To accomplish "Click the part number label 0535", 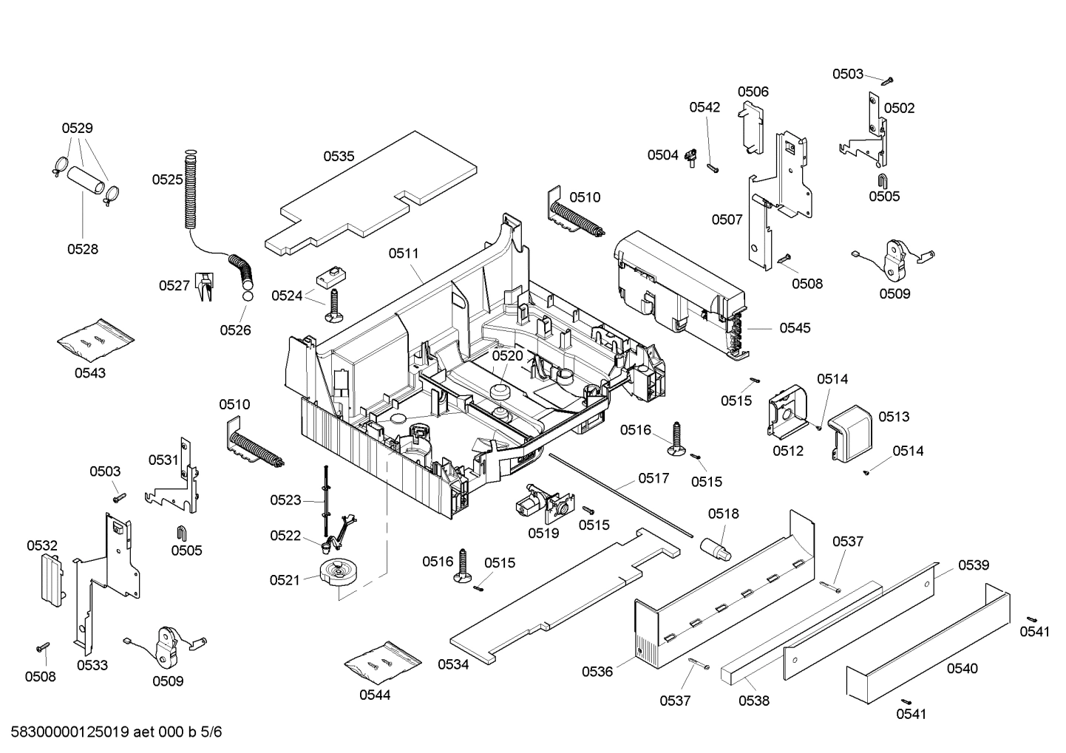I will pyautogui.click(x=339, y=156).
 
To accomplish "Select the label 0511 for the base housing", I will pyautogui.click(x=404, y=253).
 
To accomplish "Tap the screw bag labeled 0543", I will pyautogui.click(x=95, y=339).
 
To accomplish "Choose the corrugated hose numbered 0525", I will pyautogui.click(x=191, y=188).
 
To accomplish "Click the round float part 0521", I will pyautogui.click(x=339, y=573).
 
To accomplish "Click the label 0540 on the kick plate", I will pyautogui.click(x=962, y=668).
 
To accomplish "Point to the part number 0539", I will pyautogui.click(x=973, y=565).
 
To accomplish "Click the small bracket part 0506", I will pyautogui.click(x=752, y=127).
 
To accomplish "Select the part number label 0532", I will pyautogui.click(x=42, y=545).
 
